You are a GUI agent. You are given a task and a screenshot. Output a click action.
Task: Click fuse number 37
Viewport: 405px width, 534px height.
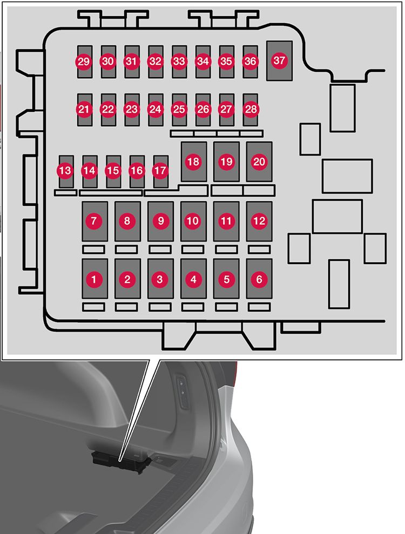279,60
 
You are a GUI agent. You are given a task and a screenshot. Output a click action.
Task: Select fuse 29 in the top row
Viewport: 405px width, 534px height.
84,62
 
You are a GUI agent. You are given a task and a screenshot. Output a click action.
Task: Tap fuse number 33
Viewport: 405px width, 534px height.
179,62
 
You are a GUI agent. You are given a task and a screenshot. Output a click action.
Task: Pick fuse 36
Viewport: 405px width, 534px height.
250,62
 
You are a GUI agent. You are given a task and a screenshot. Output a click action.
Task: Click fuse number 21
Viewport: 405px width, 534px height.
84,109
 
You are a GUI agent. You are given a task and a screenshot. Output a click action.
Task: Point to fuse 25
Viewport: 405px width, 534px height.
179,109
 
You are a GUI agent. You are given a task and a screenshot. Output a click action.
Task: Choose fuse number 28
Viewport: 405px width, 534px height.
250,109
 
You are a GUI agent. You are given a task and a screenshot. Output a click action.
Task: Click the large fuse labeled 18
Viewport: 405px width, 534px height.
193,161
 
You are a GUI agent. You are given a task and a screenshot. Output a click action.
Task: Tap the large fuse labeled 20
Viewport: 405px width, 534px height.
259,161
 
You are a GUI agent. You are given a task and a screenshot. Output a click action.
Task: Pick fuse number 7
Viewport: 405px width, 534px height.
94,221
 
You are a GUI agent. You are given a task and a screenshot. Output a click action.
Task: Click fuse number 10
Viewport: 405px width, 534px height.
193,221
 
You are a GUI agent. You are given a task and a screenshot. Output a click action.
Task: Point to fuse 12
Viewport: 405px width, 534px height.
259,221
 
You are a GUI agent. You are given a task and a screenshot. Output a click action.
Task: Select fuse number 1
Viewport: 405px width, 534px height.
94,279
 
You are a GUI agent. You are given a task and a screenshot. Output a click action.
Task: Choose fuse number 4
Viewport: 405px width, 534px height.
193,279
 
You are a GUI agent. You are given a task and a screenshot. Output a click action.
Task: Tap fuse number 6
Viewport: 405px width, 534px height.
259,279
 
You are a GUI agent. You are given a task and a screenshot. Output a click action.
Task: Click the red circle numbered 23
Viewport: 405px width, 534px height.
131,109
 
